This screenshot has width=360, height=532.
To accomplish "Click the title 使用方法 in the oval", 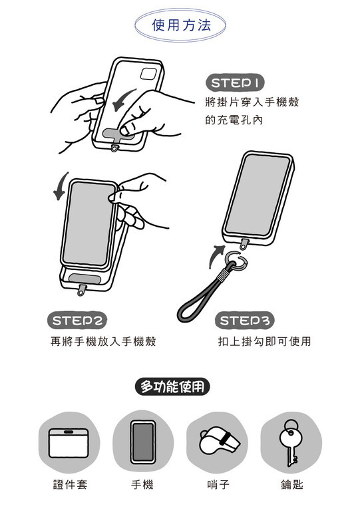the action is click(x=181, y=25).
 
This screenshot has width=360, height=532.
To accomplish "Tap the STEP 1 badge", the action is click(x=235, y=82).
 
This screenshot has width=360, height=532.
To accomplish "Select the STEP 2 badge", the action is click(x=77, y=321).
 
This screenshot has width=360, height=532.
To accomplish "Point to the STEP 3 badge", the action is click(x=244, y=321).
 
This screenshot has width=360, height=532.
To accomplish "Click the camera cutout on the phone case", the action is click(x=148, y=74).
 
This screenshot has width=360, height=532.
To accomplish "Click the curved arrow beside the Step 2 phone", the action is click(x=61, y=186).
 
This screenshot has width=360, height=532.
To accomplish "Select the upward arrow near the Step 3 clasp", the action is click(x=216, y=256).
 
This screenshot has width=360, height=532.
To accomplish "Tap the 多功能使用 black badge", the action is click(x=172, y=386).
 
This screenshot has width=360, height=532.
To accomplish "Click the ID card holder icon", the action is click(x=69, y=443).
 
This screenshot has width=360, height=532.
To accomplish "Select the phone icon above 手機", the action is click(x=143, y=442).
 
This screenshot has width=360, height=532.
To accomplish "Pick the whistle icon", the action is click(x=219, y=441).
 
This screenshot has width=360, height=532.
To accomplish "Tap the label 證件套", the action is click(x=71, y=485).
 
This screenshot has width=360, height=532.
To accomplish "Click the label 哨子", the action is click(x=218, y=485).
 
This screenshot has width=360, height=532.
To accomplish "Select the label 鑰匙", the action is click(x=292, y=485).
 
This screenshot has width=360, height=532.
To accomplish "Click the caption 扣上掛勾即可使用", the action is click(x=265, y=341).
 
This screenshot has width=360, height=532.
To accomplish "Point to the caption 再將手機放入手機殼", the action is click(x=103, y=341).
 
